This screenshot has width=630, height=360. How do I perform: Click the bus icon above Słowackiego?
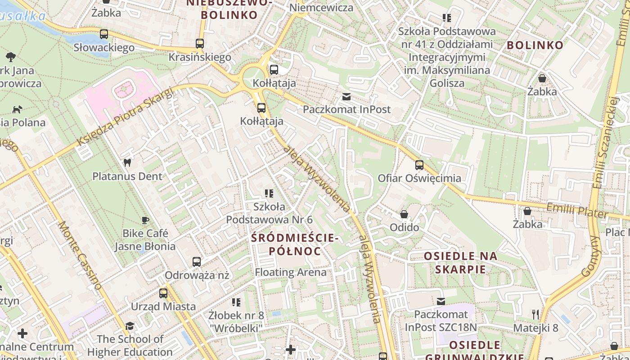(104, 34)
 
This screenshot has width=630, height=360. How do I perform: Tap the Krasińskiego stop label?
(200, 57)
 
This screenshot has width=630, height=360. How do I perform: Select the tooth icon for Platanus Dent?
(127, 163)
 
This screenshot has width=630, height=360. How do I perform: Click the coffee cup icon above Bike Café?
(145, 220)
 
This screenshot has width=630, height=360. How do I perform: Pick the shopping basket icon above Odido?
(404, 214)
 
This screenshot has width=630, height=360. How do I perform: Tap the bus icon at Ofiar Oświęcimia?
(419, 165)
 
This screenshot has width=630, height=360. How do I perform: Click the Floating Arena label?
(291, 272)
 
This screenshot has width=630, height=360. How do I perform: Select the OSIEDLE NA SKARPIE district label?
(461, 263)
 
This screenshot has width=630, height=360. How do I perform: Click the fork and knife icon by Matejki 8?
(535, 314)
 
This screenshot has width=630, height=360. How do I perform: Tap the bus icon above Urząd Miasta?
(163, 293)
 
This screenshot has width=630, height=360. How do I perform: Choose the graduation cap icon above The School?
(130, 325)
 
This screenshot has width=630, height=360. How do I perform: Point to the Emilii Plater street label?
(577, 211)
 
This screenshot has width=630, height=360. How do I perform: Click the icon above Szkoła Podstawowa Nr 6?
(269, 193)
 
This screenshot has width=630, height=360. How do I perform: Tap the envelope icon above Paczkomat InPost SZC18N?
(441, 301)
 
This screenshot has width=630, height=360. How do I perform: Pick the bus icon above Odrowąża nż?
(197, 261)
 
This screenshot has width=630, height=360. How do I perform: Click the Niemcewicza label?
(321, 8)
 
